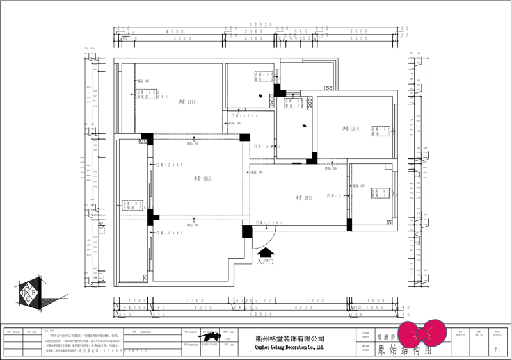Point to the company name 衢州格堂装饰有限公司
point(280,338)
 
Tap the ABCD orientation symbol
point(29,293)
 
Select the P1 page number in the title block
point(497,350)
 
